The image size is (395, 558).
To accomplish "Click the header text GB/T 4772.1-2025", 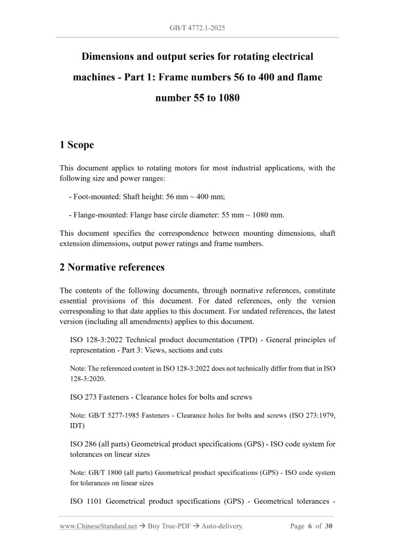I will [x=197, y=27].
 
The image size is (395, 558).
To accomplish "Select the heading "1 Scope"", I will [x=77, y=145].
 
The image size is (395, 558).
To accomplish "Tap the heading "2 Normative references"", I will [x=112, y=267].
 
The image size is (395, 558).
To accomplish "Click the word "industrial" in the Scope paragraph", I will [x=247, y=169].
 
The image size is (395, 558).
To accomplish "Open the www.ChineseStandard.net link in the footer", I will [x=98, y=527].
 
